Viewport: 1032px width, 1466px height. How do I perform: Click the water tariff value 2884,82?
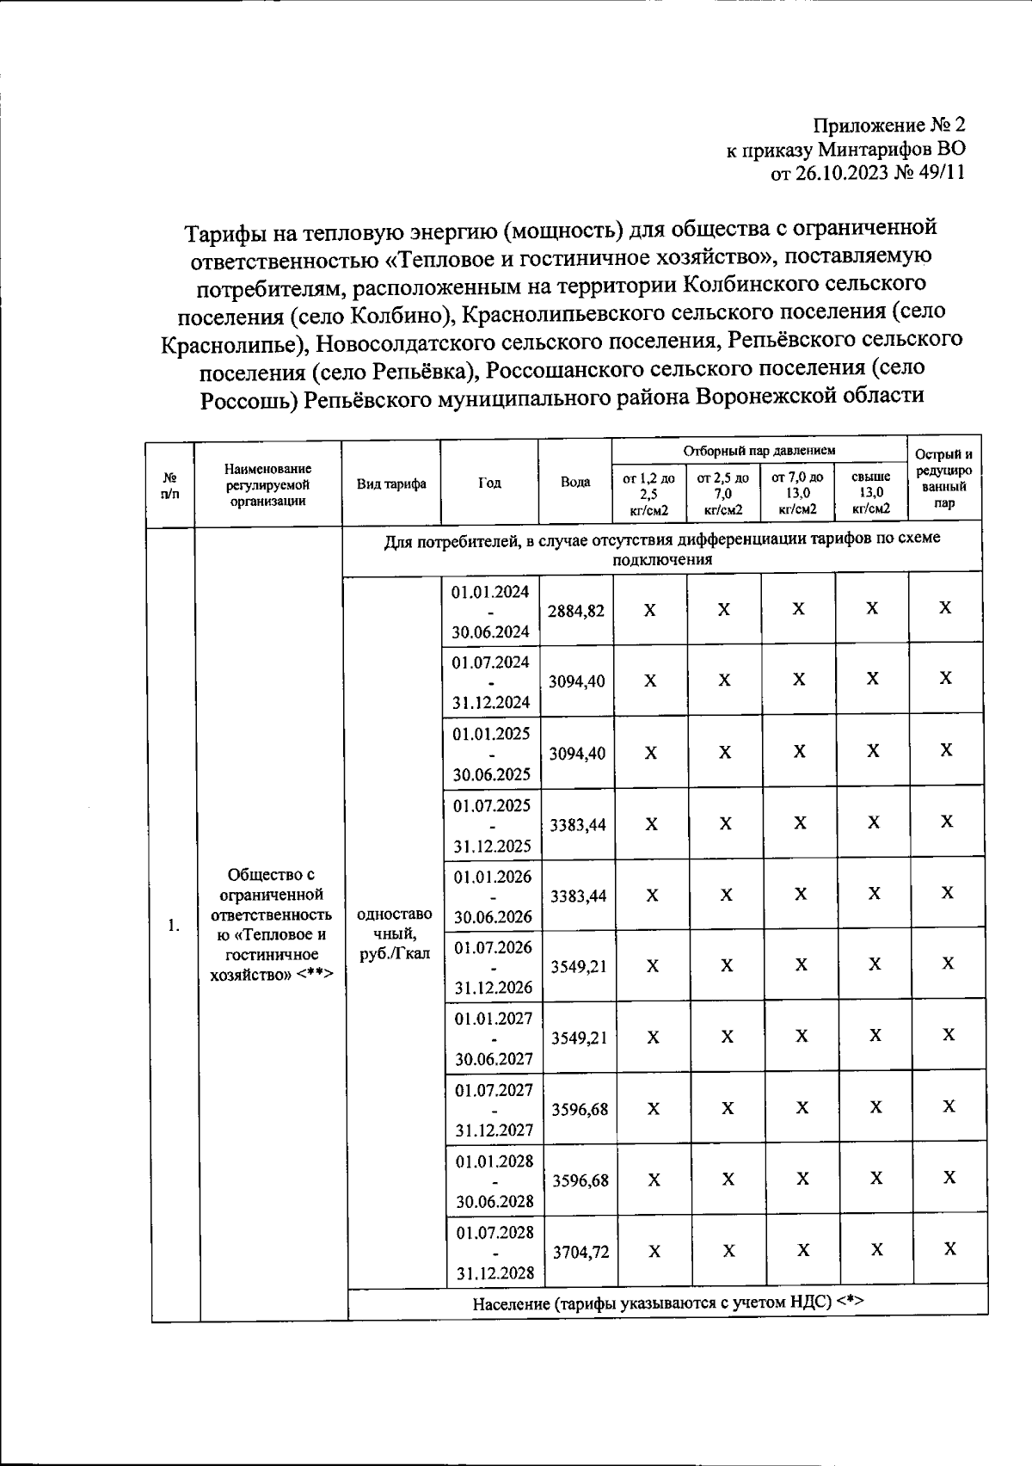[x=575, y=611]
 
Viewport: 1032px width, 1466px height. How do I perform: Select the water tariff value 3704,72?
[x=580, y=1252]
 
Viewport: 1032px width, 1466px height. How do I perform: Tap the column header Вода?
[x=575, y=482]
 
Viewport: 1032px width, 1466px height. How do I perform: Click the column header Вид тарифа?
[x=391, y=484]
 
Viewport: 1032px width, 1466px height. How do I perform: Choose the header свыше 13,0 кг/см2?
[x=871, y=493]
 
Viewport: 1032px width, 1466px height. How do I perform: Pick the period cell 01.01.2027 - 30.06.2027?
[x=494, y=1038]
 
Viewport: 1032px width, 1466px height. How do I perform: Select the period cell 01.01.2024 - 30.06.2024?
[x=490, y=611]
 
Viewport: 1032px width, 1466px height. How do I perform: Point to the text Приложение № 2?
[x=889, y=126]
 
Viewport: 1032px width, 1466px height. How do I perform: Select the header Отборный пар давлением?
[x=759, y=450]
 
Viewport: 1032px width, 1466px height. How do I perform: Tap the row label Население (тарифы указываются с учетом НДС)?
[x=667, y=1303]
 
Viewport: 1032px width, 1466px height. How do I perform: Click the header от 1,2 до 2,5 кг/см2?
[x=648, y=493]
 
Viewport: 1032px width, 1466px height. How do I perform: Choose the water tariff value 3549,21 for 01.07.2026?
[x=579, y=966]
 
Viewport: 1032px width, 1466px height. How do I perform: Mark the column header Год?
[x=489, y=483]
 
